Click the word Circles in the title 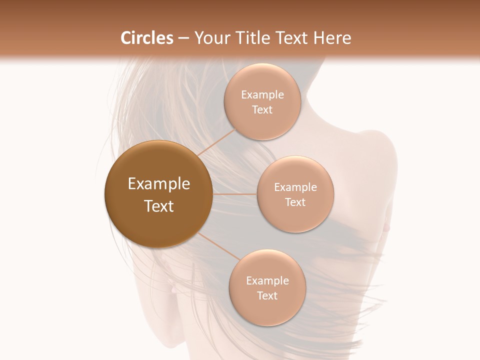point(146,38)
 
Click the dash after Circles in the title point(183,38)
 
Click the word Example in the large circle point(158,184)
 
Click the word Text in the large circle point(158,206)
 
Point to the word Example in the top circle point(262,95)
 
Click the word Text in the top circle point(262,110)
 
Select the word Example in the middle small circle point(295,187)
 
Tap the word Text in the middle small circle point(295,202)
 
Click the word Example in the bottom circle point(267,280)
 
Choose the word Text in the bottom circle point(267,296)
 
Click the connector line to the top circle point(216,142)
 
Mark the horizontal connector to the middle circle point(234,194)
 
